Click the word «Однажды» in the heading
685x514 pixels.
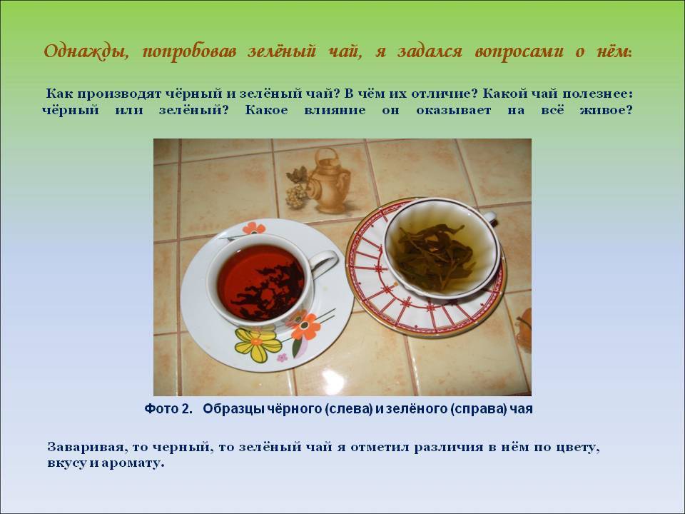pyautogui.click(x=86, y=52)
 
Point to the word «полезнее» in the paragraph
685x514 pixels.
pyautogui.click(x=597, y=94)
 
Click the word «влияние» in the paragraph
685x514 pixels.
pyautogui.click(x=335, y=110)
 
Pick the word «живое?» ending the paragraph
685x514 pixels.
pyautogui.click(x=606, y=110)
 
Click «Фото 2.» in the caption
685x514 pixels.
pyautogui.click(x=168, y=408)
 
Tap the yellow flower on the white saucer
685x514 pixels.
pyautogui.click(x=258, y=344)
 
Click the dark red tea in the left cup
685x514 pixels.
pyautogui.click(x=261, y=282)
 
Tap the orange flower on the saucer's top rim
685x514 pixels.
pyautogui.click(x=253, y=228)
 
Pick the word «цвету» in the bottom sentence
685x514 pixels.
pyautogui.click(x=577, y=448)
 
